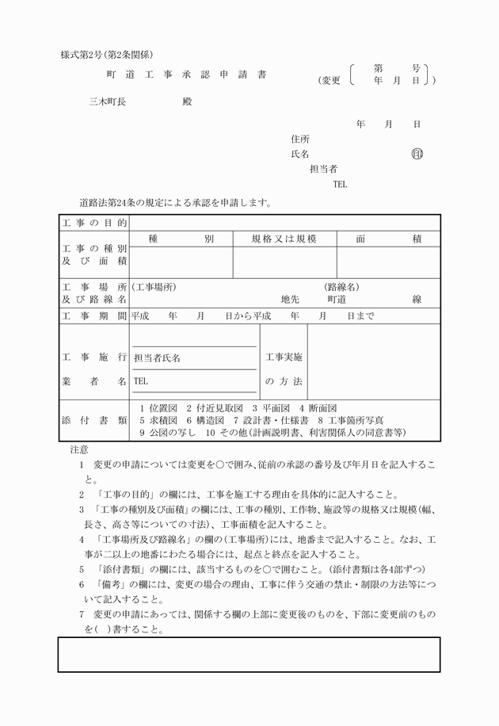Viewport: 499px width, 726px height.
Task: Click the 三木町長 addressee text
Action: click(x=108, y=101)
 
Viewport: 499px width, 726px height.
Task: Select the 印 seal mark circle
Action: click(x=417, y=154)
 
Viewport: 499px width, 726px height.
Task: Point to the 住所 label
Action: click(x=300, y=139)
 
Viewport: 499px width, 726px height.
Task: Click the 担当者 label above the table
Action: click(x=323, y=169)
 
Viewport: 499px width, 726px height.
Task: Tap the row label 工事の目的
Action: click(x=94, y=224)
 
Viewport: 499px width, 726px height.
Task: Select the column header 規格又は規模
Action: click(x=284, y=239)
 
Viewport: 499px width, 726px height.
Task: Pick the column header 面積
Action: click(x=388, y=239)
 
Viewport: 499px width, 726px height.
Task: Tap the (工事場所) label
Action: click(x=154, y=287)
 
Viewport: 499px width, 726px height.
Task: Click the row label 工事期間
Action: click(x=94, y=315)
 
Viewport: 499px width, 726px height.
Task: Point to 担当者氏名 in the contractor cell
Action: click(x=158, y=358)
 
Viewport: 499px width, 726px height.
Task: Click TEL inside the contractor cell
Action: click(x=141, y=380)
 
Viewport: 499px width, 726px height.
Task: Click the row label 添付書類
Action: click(x=94, y=420)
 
